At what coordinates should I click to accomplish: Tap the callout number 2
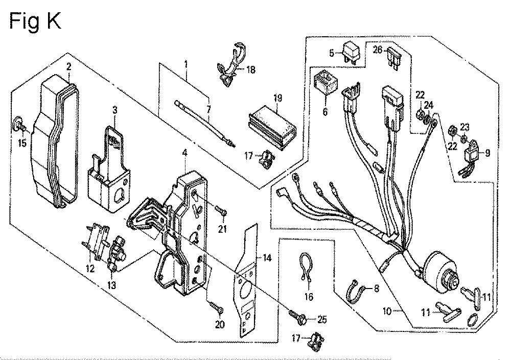[x=68, y=66]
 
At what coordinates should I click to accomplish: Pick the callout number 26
[x=377, y=50]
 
